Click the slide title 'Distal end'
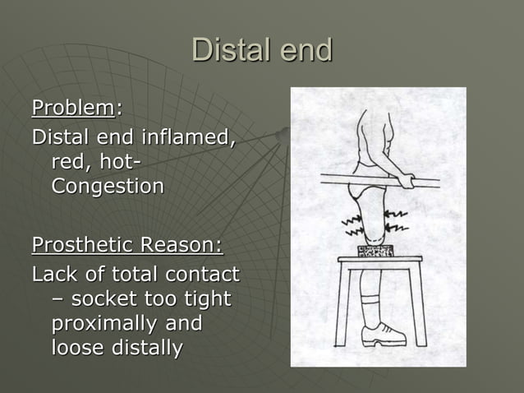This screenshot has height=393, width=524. [x=262, y=50]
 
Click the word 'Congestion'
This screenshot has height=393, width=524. [x=108, y=186]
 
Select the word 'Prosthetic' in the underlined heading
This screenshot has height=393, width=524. [x=83, y=245]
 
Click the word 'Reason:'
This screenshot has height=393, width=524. [x=182, y=245]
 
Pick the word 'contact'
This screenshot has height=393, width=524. [x=201, y=273]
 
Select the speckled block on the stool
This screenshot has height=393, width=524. [x=376, y=250]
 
